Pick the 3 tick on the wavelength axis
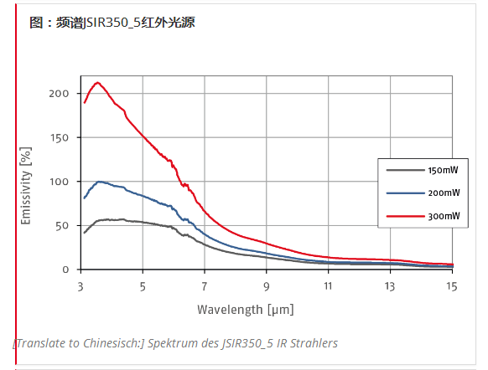pos(81,286)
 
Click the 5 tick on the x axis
pos(143,286)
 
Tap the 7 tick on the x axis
pos(205,286)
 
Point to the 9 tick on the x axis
pos(267,286)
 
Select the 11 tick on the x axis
pos(328,286)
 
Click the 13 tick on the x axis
pos(390,286)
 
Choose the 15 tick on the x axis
pos(451,286)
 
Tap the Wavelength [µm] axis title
pos(246,309)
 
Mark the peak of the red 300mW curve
pos(98,82)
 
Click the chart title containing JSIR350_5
pos(112,23)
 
